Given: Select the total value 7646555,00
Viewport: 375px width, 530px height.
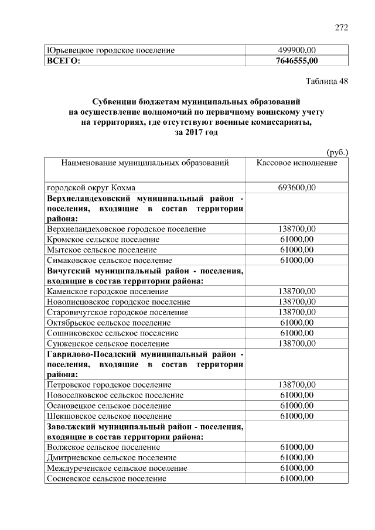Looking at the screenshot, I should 297,60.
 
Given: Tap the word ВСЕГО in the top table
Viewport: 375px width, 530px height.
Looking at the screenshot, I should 63,60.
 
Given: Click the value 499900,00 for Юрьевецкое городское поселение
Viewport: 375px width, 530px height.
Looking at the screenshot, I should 297,50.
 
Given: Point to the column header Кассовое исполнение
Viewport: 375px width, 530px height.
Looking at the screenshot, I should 297,162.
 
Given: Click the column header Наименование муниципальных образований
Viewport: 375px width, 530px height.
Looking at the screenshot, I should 145,162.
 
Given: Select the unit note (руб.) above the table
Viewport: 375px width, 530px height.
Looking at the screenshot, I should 337,152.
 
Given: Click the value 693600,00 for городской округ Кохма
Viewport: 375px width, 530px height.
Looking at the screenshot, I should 297,187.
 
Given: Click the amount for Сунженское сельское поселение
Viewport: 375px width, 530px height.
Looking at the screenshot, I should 297,343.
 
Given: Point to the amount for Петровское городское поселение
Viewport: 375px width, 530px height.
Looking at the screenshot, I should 297,384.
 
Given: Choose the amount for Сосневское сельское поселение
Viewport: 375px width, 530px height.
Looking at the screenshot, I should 297,478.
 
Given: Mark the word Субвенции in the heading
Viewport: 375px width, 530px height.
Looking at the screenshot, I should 112,101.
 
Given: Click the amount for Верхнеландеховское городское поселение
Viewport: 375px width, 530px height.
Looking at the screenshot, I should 297,228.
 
